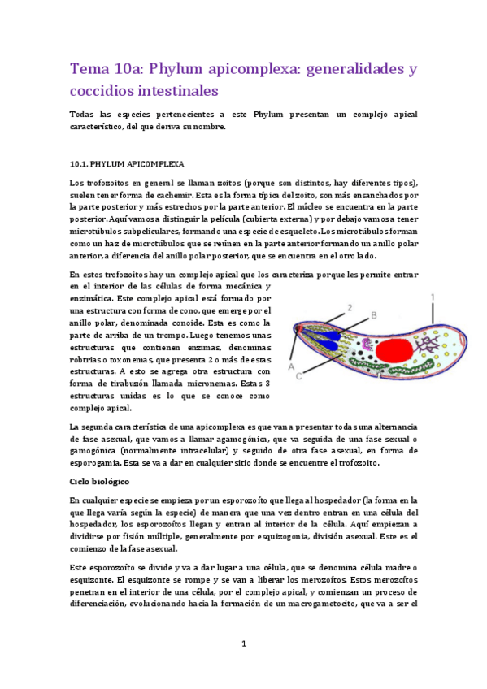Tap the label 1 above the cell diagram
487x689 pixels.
tap(433, 297)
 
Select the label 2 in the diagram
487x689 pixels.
tap(349, 308)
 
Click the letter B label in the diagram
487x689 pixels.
tap(373, 314)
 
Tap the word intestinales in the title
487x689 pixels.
tap(172, 89)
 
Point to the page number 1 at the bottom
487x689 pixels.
tap(243, 643)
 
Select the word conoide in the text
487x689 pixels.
tap(211, 322)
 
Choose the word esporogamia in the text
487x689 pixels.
tap(100, 463)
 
